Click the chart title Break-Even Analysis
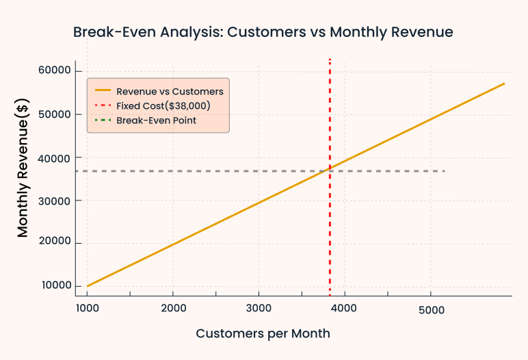click(x=263, y=32)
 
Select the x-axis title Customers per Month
click(x=263, y=334)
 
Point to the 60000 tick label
click(x=54, y=71)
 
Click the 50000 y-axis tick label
click(x=54, y=114)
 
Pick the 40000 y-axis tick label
click(x=54, y=157)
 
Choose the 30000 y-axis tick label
click(x=54, y=201)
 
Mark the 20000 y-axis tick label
click(x=54, y=243)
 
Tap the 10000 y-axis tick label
click(x=54, y=286)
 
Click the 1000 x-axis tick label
click(x=87, y=309)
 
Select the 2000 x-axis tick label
click(x=173, y=309)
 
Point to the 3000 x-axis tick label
click(x=259, y=309)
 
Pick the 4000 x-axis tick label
click(x=345, y=309)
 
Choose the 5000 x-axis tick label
click(x=431, y=309)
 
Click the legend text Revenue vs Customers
click(x=170, y=91)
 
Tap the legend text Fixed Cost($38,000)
click(x=163, y=105)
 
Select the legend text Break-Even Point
click(x=156, y=120)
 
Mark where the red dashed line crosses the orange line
click(x=330, y=166)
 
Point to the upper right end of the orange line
click(x=504, y=83)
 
